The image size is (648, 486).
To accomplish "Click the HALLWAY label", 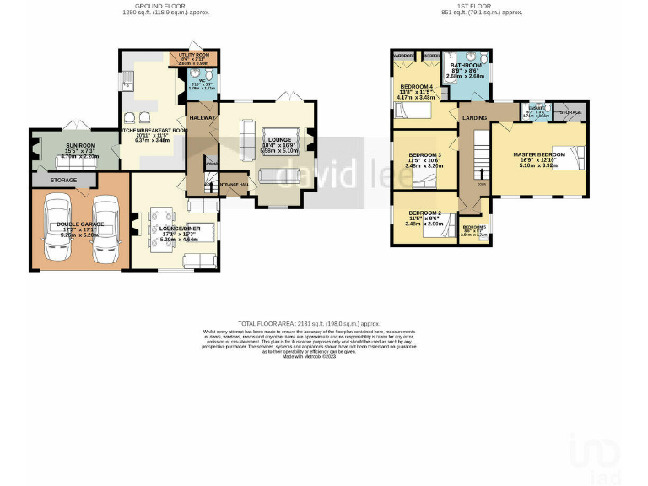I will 202,117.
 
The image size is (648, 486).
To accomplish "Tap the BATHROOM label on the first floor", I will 465,65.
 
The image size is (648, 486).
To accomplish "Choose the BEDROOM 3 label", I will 425,155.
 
